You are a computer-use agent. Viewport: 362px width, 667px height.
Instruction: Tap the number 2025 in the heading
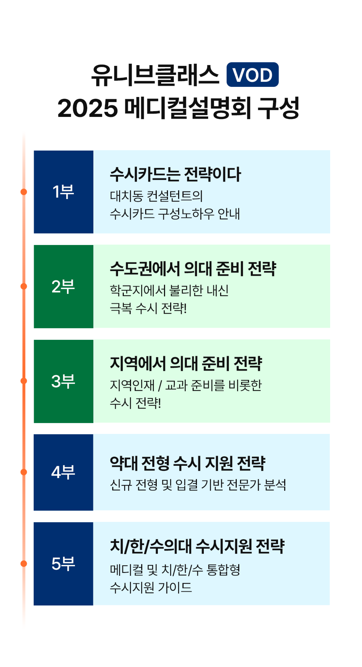(88, 108)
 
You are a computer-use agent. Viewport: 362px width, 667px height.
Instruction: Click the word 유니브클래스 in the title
(155, 75)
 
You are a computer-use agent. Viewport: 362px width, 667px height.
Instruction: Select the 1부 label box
(64, 192)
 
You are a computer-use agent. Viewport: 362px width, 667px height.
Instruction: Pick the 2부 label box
(64, 286)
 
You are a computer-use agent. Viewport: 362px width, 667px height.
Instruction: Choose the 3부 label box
(64, 381)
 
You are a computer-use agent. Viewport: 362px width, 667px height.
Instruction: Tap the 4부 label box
(64, 472)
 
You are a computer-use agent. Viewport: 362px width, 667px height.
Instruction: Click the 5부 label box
(64, 564)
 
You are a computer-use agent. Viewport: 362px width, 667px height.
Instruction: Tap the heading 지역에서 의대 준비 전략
(186, 364)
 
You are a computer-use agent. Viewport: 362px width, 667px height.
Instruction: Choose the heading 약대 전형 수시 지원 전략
(188, 463)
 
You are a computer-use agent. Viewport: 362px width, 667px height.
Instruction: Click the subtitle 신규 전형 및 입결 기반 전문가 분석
(198, 485)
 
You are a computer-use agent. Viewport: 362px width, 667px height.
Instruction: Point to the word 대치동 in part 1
(126, 196)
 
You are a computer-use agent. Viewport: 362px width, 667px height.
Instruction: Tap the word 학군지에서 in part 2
(138, 290)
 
